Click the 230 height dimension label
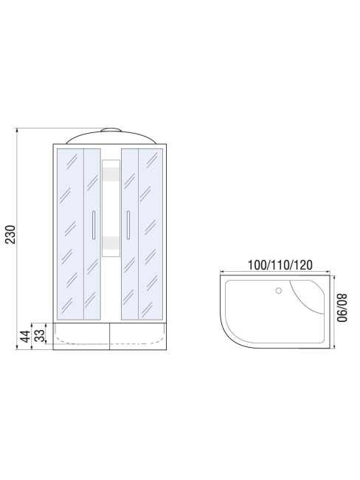tap(10, 233)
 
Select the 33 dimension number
tap(39, 336)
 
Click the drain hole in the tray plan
tap(278, 291)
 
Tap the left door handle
tap(94, 225)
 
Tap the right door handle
tap(128, 225)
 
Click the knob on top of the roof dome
tap(110, 130)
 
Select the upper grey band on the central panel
tap(111, 174)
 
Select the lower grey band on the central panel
tap(111, 243)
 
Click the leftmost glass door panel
tap(69, 233)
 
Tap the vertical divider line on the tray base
tap(110, 335)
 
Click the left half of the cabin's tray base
tap(81, 336)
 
